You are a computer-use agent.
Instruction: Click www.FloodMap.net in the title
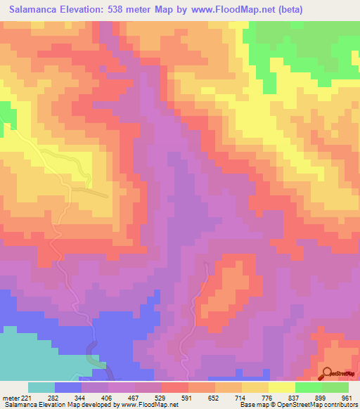coord(245,11)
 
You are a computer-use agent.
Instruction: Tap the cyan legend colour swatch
coord(41,387)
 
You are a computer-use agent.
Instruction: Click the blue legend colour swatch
coord(68,387)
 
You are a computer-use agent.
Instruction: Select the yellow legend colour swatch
coord(282,387)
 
